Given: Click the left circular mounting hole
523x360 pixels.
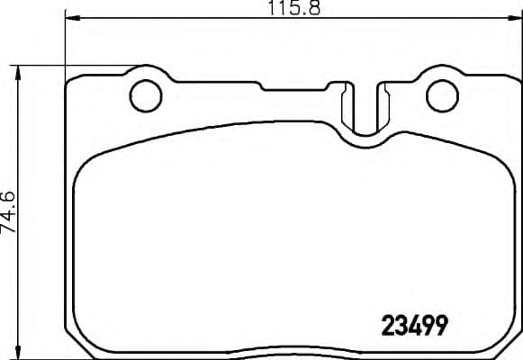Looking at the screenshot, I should point(145,95).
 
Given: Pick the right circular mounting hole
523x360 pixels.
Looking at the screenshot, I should point(442,95).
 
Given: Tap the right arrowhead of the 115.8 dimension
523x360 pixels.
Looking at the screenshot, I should point(516,19).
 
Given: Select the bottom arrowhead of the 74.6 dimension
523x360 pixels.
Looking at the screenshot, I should point(20,354).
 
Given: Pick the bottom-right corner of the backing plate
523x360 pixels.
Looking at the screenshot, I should point(509,346).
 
